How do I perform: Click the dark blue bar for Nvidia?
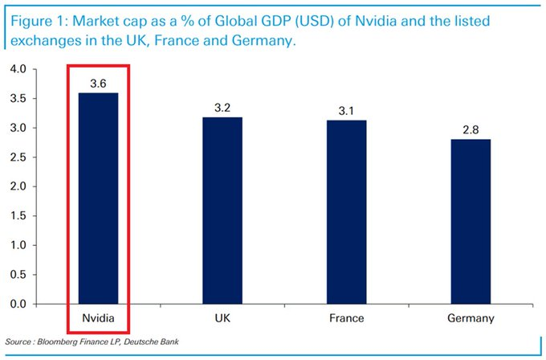[97, 198]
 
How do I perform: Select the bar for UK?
[222, 211]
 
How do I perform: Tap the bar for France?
[347, 212]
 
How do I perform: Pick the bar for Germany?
[471, 222]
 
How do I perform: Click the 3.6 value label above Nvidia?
[97, 83]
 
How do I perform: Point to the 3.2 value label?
[222, 106]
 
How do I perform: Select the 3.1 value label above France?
[347, 109]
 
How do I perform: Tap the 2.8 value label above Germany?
[471, 128]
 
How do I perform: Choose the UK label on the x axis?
[222, 318]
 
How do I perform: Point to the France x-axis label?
[347, 318]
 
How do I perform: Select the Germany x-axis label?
[471, 318]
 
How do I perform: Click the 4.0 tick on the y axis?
[19, 70]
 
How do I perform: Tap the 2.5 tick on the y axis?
[19, 157]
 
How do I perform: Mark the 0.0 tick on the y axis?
[19, 305]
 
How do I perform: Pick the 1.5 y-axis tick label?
[19, 216]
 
